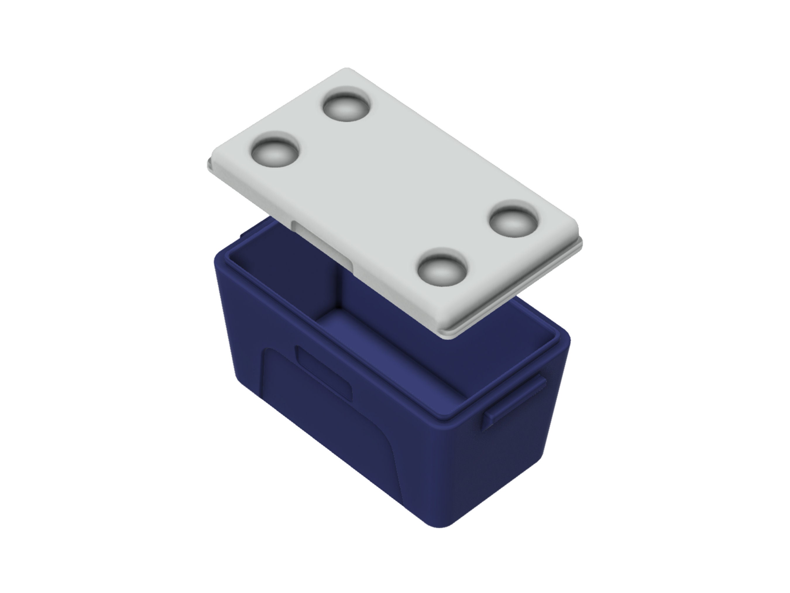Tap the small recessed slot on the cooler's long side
pyautogui.click(x=323, y=372)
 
